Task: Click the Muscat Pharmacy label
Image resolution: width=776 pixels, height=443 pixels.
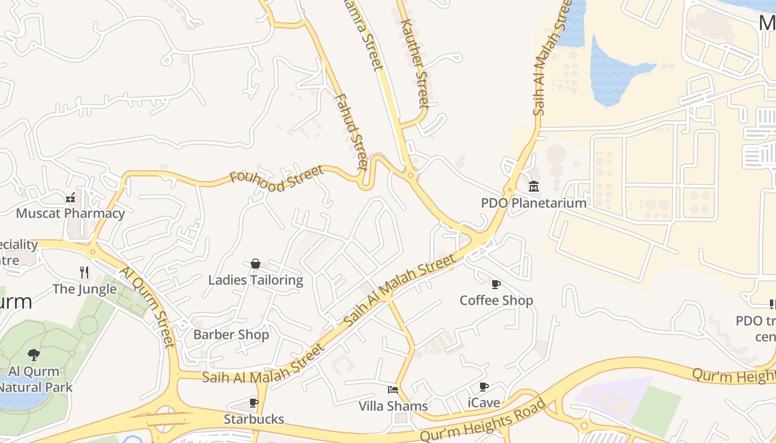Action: click(x=70, y=213)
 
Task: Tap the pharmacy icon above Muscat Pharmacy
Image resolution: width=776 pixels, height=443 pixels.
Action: click(x=70, y=197)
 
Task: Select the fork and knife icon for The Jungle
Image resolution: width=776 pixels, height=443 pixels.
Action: click(x=84, y=272)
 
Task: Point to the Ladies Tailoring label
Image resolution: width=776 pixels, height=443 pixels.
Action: click(x=256, y=280)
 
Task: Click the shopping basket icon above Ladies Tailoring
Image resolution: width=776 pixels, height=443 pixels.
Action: click(x=256, y=264)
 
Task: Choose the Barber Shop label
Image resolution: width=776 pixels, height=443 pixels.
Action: click(x=231, y=334)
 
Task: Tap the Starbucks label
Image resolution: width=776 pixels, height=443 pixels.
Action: click(x=254, y=419)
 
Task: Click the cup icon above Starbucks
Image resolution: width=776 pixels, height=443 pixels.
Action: click(x=254, y=403)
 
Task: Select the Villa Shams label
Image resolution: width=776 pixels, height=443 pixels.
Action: click(x=393, y=406)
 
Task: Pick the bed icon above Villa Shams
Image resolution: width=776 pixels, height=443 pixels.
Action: click(x=393, y=390)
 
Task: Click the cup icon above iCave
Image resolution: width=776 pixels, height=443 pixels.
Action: click(x=484, y=387)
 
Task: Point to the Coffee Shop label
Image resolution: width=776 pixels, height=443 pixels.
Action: click(x=496, y=300)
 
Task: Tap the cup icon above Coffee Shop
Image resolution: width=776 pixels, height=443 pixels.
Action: click(x=496, y=284)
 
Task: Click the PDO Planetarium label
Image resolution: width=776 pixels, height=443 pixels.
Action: click(x=534, y=203)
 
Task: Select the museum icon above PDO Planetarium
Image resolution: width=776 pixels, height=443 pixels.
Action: click(x=534, y=186)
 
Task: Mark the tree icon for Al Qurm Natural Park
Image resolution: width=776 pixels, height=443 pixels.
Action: click(x=34, y=354)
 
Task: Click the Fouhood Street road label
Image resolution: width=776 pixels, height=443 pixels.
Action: click(x=277, y=178)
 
